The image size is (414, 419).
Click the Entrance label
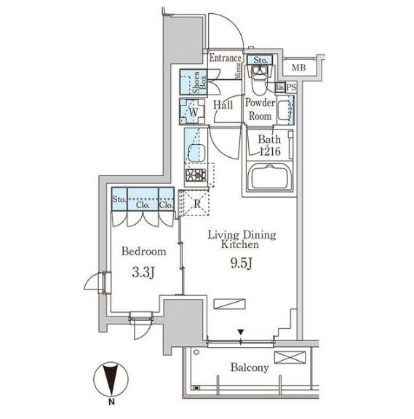225,58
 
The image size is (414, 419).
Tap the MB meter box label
298,68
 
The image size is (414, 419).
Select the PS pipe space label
291,87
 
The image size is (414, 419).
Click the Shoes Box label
199,82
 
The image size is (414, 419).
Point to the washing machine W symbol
193,112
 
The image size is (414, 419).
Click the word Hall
223,105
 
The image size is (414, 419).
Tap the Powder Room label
260,110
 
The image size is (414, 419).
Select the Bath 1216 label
269,145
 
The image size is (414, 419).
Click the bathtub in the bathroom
270,177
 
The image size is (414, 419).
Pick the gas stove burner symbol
196,175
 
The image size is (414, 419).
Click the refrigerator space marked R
196,204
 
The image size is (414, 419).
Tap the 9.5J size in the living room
242,264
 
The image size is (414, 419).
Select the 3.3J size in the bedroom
143,273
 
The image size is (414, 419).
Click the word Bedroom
143,252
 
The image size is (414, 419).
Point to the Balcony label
250,367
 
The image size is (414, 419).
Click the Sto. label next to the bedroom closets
119,199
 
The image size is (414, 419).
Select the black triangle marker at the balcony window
241,332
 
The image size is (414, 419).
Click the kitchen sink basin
196,152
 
